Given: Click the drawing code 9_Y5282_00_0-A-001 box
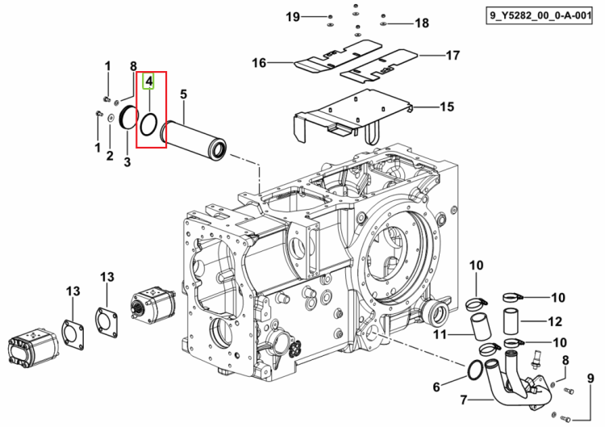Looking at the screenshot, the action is click(x=539, y=15).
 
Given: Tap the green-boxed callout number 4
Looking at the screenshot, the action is click(x=148, y=81).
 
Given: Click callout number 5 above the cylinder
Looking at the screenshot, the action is click(x=183, y=94).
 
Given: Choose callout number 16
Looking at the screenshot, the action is click(x=259, y=62).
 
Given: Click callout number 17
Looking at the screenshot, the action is click(x=453, y=55).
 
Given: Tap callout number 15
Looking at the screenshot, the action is click(x=447, y=107).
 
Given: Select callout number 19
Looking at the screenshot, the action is click(x=293, y=17).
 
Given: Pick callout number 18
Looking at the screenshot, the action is click(x=422, y=23).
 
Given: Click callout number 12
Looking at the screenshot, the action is click(x=555, y=321).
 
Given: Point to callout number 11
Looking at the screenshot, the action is click(x=440, y=334).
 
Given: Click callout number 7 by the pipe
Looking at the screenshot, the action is click(x=464, y=400).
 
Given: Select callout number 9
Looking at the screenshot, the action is click(x=590, y=379).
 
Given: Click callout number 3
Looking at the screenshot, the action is click(x=127, y=161).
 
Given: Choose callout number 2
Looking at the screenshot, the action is click(x=110, y=156).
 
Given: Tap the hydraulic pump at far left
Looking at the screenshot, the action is click(x=33, y=347).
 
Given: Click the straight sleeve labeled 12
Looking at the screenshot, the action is click(x=511, y=321).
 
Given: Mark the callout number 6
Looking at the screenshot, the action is click(x=436, y=387).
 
